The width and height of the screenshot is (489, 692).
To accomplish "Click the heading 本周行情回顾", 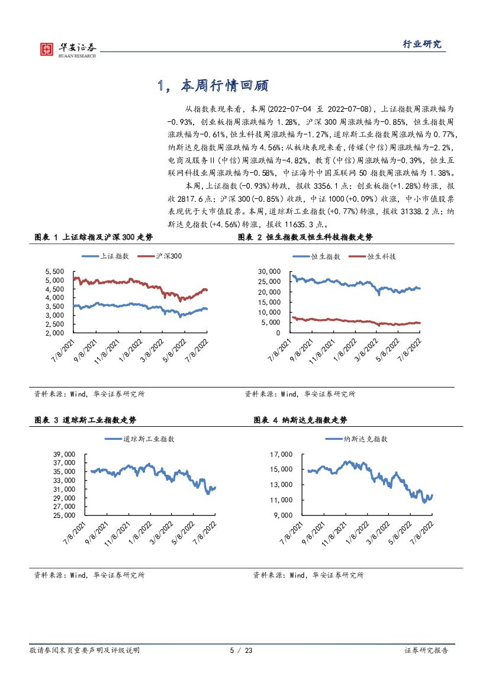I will [x=213, y=86].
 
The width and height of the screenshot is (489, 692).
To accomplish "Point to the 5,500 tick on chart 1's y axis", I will [x=54, y=271].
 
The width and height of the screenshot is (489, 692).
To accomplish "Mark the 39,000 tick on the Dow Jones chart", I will [x=63, y=454].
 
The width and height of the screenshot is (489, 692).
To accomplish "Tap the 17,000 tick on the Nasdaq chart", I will [x=282, y=454].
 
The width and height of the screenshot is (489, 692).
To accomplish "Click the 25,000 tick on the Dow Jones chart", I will [x=63, y=515].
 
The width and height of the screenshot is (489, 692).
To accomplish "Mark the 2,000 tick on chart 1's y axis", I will [x=54, y=332].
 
